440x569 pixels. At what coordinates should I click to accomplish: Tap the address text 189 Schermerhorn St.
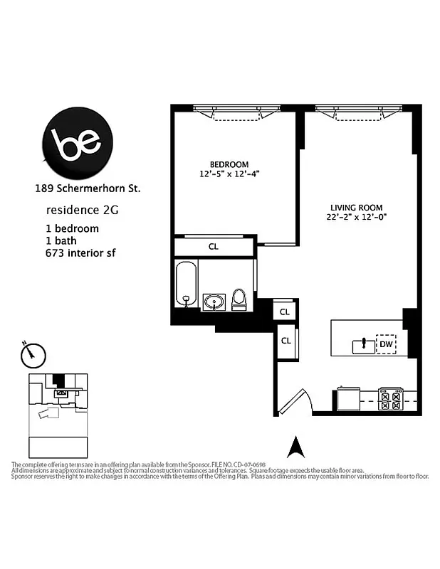click(88, 189)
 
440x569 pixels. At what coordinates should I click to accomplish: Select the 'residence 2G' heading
click(78, 211)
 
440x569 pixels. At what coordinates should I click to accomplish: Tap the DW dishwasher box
click(386, 345)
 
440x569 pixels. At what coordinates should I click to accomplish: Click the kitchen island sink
click(363, 346)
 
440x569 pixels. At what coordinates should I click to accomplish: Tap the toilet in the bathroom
click(239, 299)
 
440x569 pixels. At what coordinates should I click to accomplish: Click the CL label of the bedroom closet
click(214, 247)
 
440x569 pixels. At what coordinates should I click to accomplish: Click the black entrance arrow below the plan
click(295, 447)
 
